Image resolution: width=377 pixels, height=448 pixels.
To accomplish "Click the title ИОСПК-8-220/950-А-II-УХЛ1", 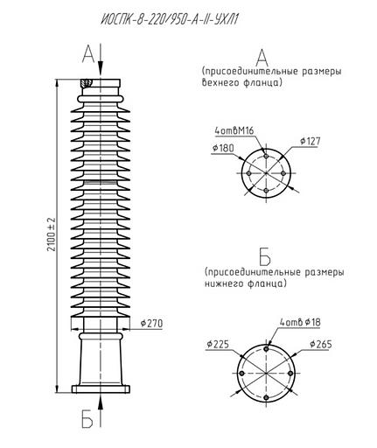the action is [x=170, y=20].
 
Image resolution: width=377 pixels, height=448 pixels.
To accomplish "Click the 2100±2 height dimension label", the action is [x=52, y=234].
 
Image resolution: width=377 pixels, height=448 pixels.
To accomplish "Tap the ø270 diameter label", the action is [x=151, y=323].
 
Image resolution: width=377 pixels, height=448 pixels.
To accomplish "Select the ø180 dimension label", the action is [x=223, y=149].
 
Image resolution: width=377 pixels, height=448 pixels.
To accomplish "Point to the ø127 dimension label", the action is [x=311, y=141].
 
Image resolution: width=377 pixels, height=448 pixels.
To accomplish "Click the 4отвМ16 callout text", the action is [x=234, y=130].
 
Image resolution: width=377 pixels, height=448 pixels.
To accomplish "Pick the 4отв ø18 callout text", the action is [x=300, y=322].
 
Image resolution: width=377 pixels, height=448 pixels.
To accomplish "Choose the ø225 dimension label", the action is [x=218, y=344].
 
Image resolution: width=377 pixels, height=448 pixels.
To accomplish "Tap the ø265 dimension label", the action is [x=321, y=344].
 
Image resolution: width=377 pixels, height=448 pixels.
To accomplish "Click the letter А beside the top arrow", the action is [x=88, y=54].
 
